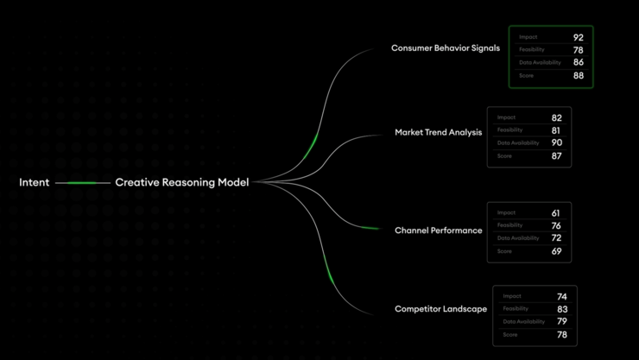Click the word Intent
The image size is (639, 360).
pyautogui.click(x=35, y=182)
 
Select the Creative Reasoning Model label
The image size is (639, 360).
pyautogui.click(x=181, y=182)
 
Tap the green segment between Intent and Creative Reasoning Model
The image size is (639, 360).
pyautogui.click(x=81, y=183)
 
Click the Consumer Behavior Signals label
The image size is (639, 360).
pyautogui.click(x=446, y=48)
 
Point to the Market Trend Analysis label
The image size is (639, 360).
pyautogui.click(x=439, y=132)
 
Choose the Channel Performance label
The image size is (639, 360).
pyautogui.click(x=439, y=231)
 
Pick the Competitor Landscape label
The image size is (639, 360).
pyautogui.click(x=441, y=309)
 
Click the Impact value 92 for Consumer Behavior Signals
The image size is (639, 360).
pyautogui.click(x=579, y=37)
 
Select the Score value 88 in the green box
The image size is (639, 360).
pyautogui.click(x=579, y=76)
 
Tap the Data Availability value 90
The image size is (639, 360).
pyautogui.click(x=557, y=142)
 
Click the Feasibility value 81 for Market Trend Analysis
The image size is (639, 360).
pyautogui.click(x=556, y=130)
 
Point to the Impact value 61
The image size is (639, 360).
pyautogui.click(x=556, y=213)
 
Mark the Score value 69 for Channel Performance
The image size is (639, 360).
pyautogui.click(x=557, y=251)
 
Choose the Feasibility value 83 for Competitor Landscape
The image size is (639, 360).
pyautogui.click(x=562, y=309)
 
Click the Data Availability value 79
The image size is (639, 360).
pyautogui.click(x=562, y=321)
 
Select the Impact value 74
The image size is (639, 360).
pyautogui.click(x=562, y=297)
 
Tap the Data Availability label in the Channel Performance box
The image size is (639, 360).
pyautogui.click(x=518, y=238)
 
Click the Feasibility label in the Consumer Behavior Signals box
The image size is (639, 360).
pyautogui.click(x=532, y=50)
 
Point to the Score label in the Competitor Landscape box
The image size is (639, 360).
pyautogui.click(x=510, y=335)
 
